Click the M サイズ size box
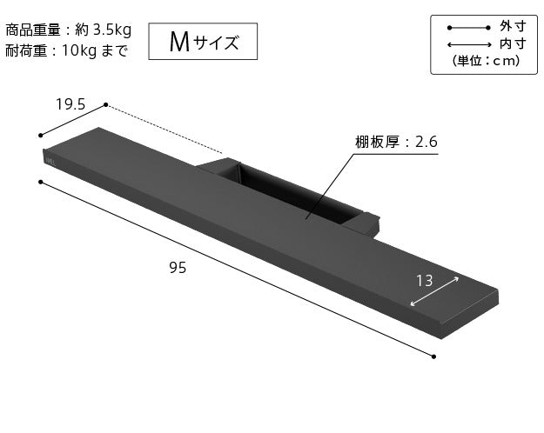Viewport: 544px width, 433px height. point(203,41)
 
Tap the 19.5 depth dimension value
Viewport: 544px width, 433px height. point(71,103)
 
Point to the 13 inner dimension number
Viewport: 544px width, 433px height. point(425,280)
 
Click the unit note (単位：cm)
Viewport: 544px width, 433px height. point(486,61)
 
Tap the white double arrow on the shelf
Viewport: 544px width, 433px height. point(433,291)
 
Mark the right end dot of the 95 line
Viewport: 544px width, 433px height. point(433,355)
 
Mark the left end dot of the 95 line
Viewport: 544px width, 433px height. point(41,182)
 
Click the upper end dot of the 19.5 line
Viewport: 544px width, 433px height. point(106,105)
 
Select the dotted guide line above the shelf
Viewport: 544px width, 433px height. point(165,130)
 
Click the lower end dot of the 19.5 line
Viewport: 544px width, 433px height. point(41,136)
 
